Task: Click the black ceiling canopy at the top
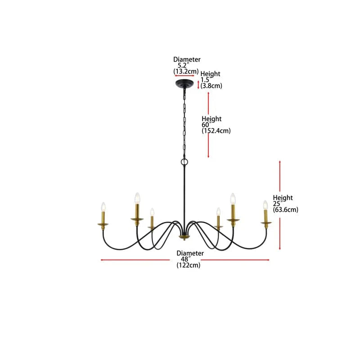(184, 85)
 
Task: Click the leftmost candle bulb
(103, 207)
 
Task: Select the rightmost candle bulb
(265, 205)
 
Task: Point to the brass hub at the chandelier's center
(184, 237)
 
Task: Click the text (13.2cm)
(186, 72)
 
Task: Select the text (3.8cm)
(211, 85)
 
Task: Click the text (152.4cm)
(216, 131)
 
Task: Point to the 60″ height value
(207, 125)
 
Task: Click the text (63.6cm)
(286, 209)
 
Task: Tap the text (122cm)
(189, 265)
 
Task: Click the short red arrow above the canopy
(184, 76)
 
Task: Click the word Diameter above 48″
(190, 253)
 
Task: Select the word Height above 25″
(283, 198)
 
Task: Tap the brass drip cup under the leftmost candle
(103, 224)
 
